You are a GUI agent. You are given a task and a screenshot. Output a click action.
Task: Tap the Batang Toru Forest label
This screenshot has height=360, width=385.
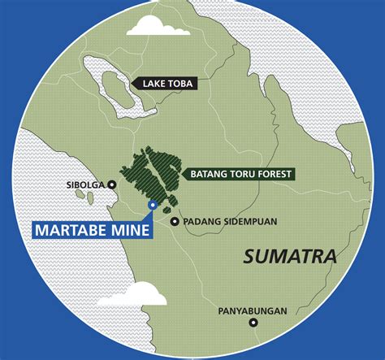[x=240, y=173]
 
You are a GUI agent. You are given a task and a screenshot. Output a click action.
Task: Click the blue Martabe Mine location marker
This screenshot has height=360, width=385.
[x=152, y=205]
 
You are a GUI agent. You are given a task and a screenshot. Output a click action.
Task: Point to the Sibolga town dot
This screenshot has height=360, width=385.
[x=112, y=184]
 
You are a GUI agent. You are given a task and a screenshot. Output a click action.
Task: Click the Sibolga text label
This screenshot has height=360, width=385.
[x=85, y=184]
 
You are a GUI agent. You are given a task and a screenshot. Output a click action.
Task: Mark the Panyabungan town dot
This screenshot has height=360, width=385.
[x=254, y=323]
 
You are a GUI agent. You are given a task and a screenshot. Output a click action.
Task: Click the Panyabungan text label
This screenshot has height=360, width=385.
[x=252, y=310]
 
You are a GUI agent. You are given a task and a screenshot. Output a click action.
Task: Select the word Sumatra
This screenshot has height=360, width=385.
[x=290, y=257]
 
